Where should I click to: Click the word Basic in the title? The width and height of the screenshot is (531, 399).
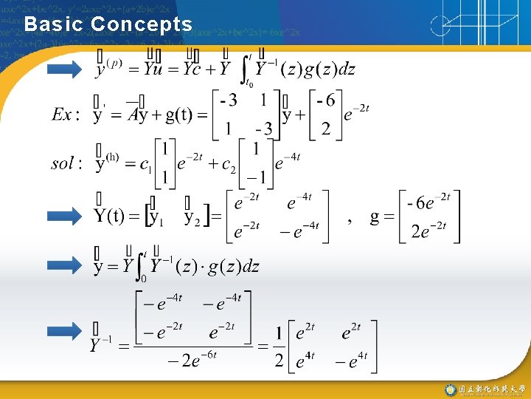coord(50,24)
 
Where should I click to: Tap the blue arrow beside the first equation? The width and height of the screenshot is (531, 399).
coord(65,71)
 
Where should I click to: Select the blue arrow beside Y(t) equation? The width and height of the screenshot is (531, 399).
coord(65,217)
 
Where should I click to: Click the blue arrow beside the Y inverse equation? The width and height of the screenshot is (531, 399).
coord(65,330)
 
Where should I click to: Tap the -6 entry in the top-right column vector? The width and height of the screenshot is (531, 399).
coord(324,100)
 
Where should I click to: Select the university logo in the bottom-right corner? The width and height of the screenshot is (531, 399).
coord(449,389)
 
